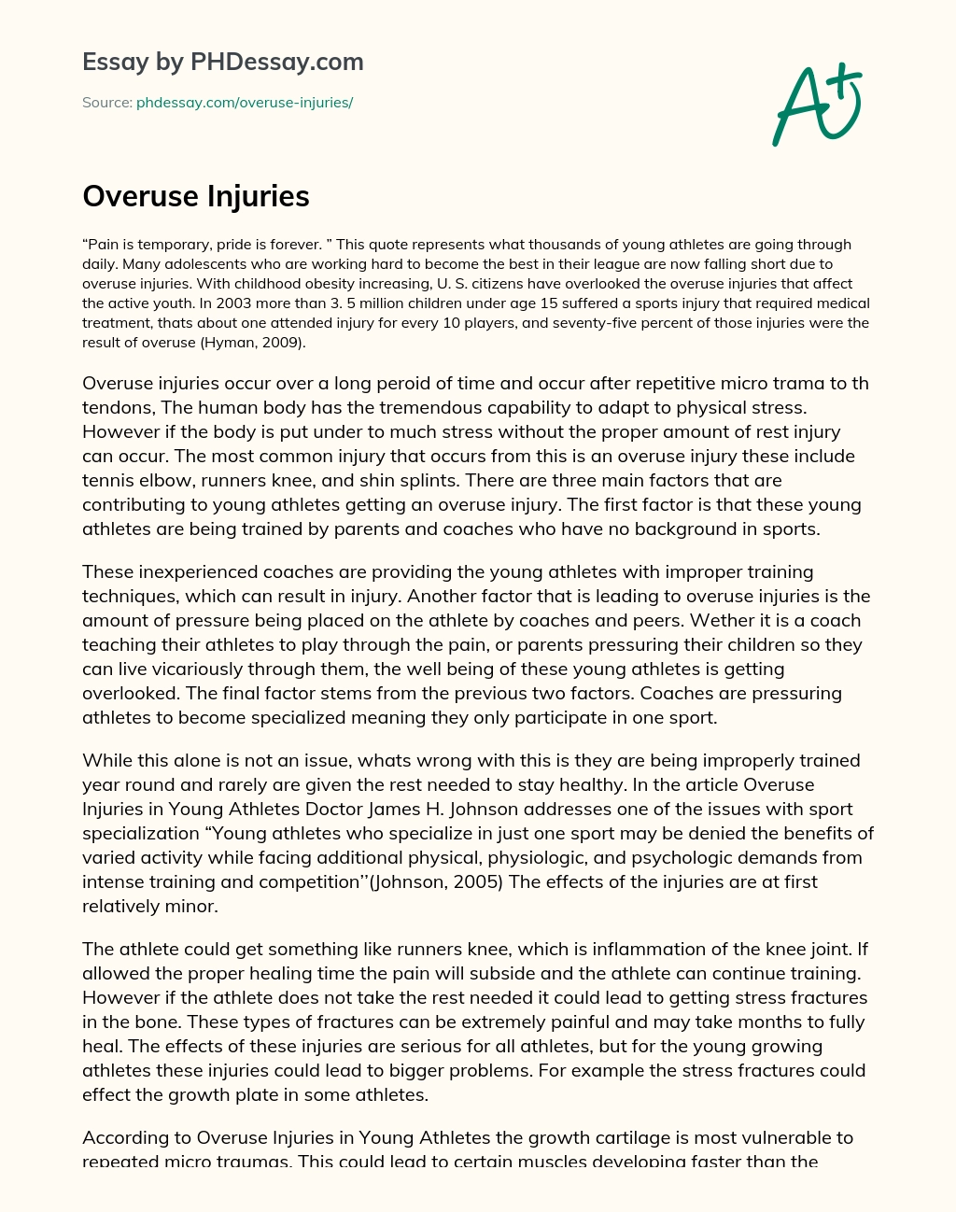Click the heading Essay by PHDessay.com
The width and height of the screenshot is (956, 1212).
click(x=223, y=63)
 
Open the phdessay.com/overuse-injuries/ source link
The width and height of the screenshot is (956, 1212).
click(x=245, y=103)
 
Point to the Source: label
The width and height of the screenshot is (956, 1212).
click(x=107, y=103)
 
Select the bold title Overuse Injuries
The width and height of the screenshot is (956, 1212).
click(x=196, y=196)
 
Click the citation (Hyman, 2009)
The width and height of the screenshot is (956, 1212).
click(x=272, y=343)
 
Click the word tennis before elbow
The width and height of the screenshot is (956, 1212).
click(x=107, y=481)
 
